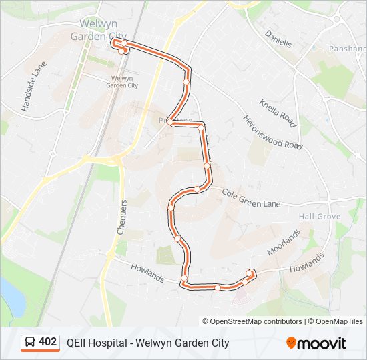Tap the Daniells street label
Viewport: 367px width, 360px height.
point(278,38)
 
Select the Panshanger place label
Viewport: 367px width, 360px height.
point(348,49)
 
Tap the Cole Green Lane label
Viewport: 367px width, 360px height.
point(251,197)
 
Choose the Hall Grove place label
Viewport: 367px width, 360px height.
point(320,217)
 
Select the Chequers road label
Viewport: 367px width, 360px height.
point(122,217)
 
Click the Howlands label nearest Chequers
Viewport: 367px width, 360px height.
point(148,273)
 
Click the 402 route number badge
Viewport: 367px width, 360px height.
point(47,342)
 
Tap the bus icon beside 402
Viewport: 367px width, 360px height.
point(30,343)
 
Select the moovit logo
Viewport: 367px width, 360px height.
point(316,343)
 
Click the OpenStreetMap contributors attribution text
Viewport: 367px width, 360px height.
point(256,321)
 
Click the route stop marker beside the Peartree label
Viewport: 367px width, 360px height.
point(171,123)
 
